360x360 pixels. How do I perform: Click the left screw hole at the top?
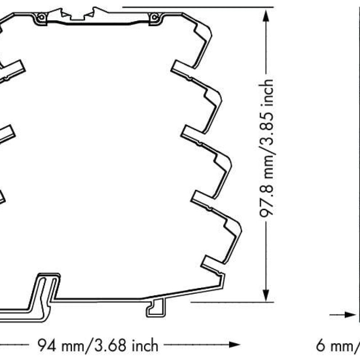pyautogui.click(x=41, y=18)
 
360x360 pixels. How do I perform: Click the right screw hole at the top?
pyautogui.click(x=155, y=18)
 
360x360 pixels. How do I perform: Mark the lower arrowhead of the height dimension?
pyautogui.click(x=267, y=295)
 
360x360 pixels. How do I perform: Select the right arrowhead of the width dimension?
pyautogui.click(x=231, y=345)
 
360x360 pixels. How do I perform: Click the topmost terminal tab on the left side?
pyautogui.click(x=13, y=70)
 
